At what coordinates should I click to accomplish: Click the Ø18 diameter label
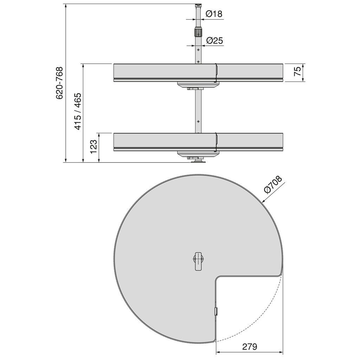pyautogui.click(x=214, y=14)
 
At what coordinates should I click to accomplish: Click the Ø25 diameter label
pyautogui.click(x=214, y=40)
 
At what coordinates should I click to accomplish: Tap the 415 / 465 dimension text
pyautogui.click(x=77, y=111)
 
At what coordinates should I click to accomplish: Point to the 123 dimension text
pyautogui.click(x=93, y=147)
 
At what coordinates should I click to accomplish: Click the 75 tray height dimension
pyautogui.click(x=297, y=72)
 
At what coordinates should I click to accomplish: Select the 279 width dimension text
pyautogui.click(x=249, y=346)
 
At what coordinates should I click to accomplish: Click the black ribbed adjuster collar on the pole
pyautogui.click(x=198, y=33)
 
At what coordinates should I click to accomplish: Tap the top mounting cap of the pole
pyautogui.click(x=198, y=5)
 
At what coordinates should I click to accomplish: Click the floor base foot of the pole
pyautogui.click(x=198, y=161)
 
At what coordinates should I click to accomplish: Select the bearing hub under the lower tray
pyautogui.click(x=198, y=155)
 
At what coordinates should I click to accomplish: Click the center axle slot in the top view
pyautogui.click(x=198, y=261)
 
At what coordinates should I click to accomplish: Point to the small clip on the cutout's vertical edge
pyautogui.click(x=216, y=311)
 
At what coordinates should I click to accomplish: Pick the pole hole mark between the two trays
pyautogui.click(x=198, y=121)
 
